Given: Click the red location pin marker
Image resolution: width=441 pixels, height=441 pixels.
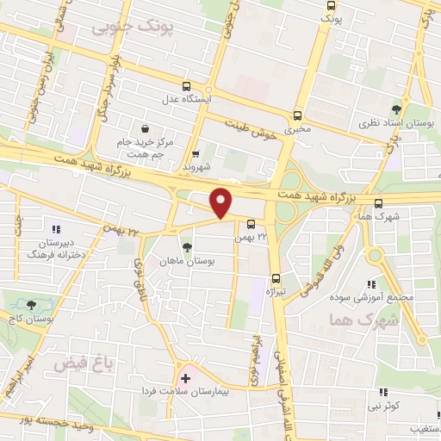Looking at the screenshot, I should click(x=221, y=202).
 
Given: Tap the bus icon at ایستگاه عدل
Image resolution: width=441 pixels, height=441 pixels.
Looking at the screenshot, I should click(x=187, y=86).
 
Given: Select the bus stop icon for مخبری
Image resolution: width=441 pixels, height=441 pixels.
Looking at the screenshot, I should click(x=298, y=115).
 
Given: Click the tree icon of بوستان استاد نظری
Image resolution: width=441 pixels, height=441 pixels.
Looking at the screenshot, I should click(x=396, y=109).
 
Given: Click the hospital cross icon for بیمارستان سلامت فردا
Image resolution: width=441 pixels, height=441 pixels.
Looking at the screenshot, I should click(x=185, y=378).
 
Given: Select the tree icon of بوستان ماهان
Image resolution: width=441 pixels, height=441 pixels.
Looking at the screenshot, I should click(x=187, y=247).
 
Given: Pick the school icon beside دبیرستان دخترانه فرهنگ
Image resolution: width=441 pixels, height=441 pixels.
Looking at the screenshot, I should click(x=56, y=230).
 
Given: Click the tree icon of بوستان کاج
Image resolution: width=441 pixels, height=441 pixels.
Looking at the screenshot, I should click(x=31, y=305).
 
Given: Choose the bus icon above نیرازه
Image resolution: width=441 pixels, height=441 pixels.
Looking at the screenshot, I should click(x=276, y=277).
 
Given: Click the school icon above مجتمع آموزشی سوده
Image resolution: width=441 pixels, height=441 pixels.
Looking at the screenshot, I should click(x=371, y=284).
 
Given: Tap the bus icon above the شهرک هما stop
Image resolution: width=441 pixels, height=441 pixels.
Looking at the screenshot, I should click(x=379, y=202).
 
